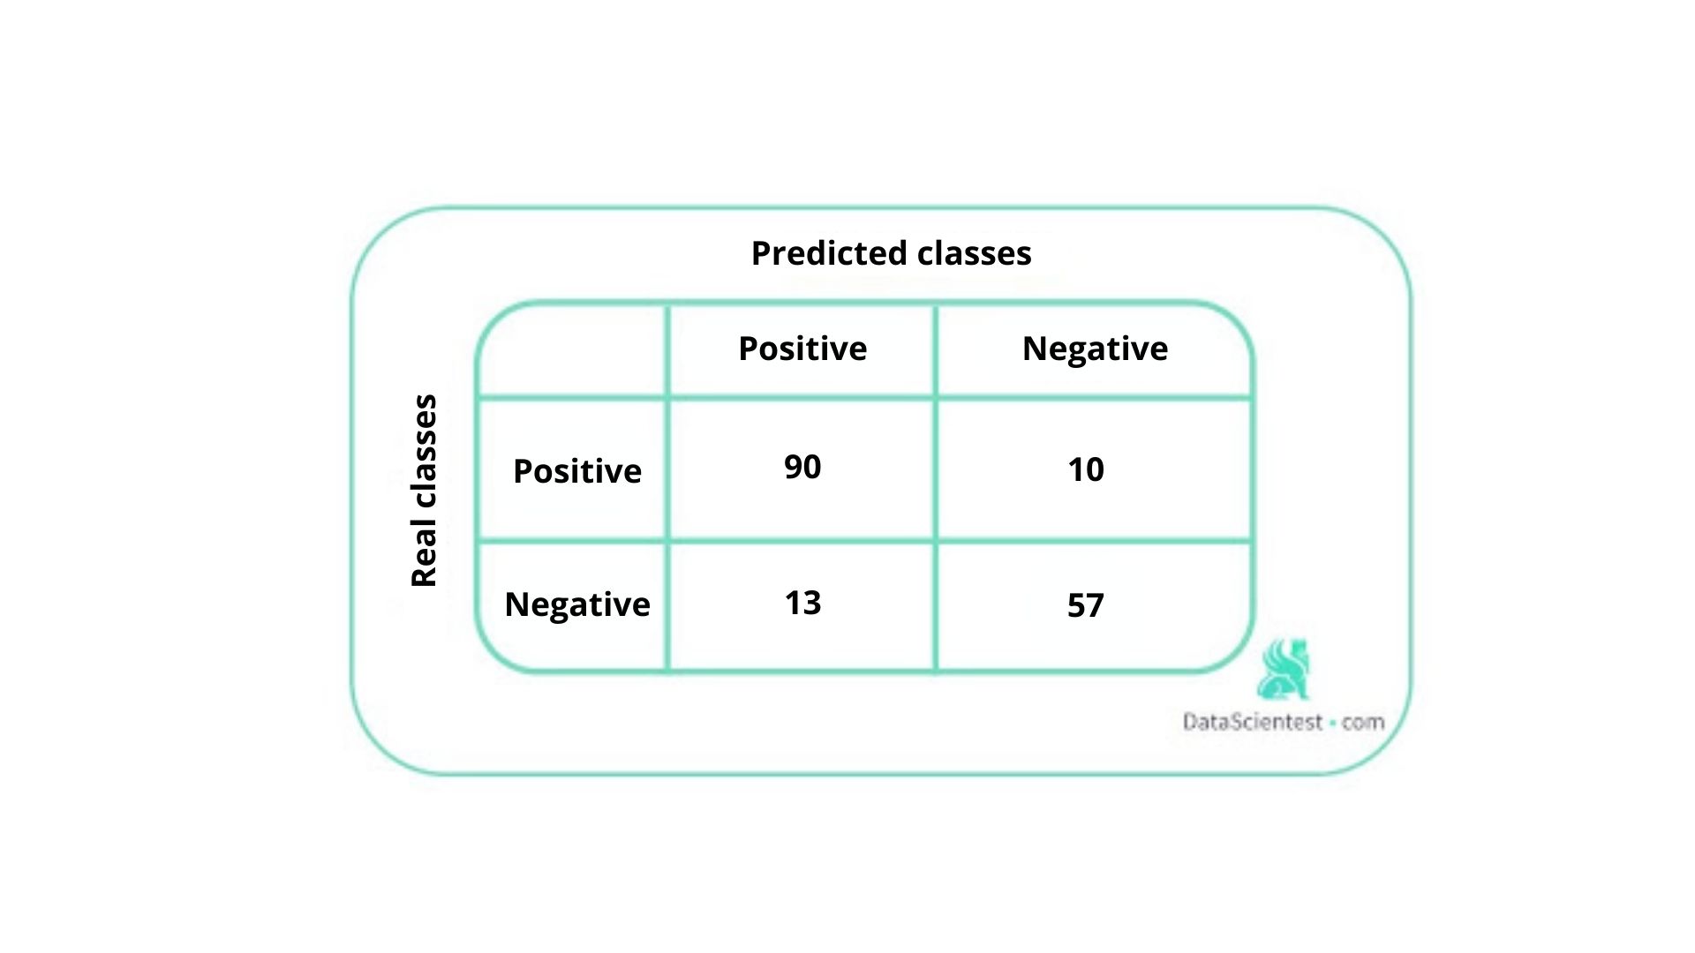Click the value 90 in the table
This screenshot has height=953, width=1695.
(x=802, y=467)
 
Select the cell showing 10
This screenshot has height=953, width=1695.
(x=1085, y=469)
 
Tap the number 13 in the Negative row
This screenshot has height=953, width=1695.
(x=802, y=603)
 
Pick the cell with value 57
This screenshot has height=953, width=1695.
(x=1085, y=605)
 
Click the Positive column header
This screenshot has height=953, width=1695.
(x=802, y=349)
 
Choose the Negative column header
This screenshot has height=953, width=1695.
(x=1095, y=349)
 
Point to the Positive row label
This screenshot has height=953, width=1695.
(x=577, y=471)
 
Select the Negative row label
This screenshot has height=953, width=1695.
(x=577, y=604)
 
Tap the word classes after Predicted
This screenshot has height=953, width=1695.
(x=974, y=253)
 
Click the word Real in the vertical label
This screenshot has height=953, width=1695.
(x=424, y=554)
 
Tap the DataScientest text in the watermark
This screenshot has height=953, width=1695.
(x=1253, y=722)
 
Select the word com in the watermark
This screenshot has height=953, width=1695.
(x=1363, y=722)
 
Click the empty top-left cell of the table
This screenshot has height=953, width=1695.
(x=572, y=350)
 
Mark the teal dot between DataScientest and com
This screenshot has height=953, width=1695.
(x=1332, y=723)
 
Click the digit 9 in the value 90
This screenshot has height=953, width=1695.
(x=793, y=467)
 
